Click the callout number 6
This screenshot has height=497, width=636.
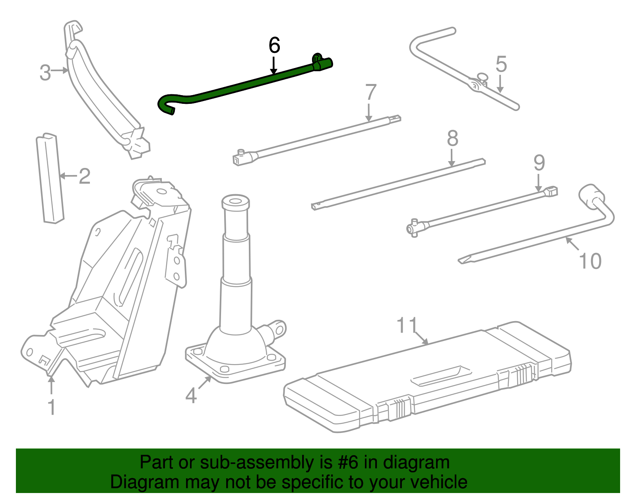click(274, 45)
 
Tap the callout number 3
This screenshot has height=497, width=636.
click(45, 73)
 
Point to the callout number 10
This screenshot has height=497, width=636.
click(590, 261)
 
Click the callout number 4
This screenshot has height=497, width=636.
click(191, 396)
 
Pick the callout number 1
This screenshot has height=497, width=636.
click(51, 407)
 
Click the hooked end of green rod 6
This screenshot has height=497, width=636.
click(165, 105)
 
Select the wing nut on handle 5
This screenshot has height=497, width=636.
click(482, 77)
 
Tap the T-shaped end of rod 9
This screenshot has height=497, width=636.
click(413, 228)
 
